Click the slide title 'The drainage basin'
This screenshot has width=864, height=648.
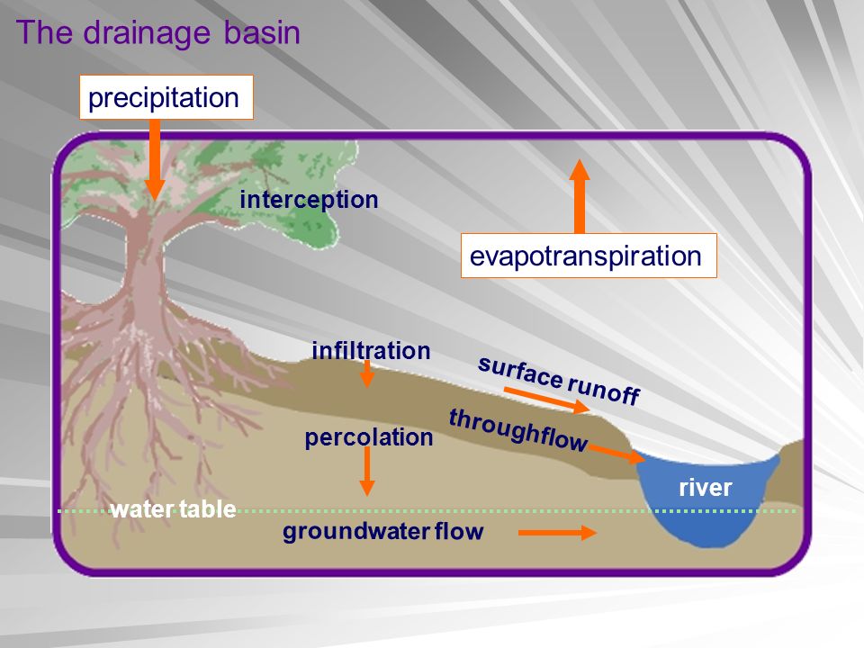coord(157,33)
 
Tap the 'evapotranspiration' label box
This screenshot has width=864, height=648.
coord(587,256)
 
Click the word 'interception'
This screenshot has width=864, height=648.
coord(309,200)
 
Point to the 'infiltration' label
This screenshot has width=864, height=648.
coord(371,350)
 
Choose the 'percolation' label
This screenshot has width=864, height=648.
coord(369,438)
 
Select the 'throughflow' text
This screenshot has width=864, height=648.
coord(518,429)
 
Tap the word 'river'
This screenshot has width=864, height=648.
coord(706,489)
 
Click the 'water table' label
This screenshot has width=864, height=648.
coord(173,510)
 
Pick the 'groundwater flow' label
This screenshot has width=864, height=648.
coord(383,532)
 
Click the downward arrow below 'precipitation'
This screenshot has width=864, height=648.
coord(155,158)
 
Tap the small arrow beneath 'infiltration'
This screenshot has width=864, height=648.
coord(366,374)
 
